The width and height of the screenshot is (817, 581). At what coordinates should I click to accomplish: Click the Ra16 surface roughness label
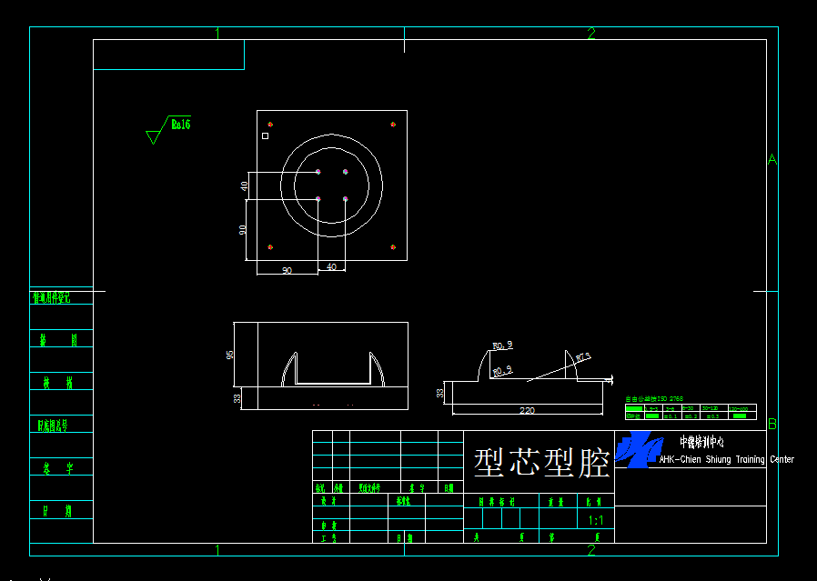click(x=180, y=125)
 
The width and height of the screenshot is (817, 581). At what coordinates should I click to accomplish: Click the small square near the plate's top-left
click(x=265, y=135)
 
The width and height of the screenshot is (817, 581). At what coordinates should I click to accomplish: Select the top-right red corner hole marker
click(x=393, y=124)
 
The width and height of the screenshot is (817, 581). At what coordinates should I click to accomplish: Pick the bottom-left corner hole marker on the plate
click(x=270, y=247)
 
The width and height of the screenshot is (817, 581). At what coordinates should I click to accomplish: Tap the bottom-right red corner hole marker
click(x=393, y=247)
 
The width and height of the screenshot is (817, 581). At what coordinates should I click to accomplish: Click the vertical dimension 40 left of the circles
click(x=245, y=185)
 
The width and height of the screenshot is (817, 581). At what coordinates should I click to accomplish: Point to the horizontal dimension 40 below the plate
click(x=331, y=267)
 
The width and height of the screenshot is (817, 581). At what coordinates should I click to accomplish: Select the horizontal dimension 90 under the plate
click(x=286, y=270)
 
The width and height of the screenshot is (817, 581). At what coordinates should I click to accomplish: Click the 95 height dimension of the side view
click(x=230, y=354)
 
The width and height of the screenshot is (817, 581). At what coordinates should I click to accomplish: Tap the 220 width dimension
click(x=527, y=410)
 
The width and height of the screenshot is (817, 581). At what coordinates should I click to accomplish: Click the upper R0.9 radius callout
click(x=502, y=346)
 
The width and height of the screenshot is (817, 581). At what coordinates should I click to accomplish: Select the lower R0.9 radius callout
click(x=502, y=370)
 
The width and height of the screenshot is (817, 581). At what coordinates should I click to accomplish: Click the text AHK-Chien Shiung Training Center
click(x=726, y=459)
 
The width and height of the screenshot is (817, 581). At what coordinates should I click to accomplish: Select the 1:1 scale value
click(x=596, y=521)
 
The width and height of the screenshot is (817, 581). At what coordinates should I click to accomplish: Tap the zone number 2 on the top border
click(x=591, y=34)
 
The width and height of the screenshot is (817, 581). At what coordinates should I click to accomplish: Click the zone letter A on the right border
click(x=772, y=160)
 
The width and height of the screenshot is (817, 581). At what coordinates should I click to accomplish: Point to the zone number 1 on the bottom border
click(x=217, y=549)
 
